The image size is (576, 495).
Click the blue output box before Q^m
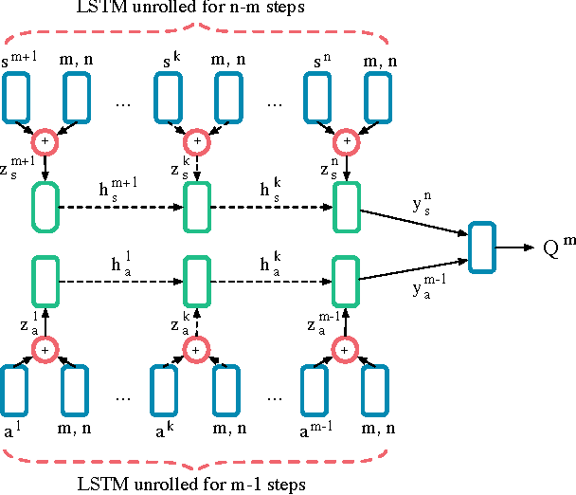pyautogui.click(x=482, y=247)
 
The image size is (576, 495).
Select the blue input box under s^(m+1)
pyautogui.click(x=16, y=97)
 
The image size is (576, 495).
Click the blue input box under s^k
pyautogui.click(x=168, y=97)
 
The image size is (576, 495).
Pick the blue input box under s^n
pyautogui.click(x=319, y=97)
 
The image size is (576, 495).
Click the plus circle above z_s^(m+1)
pyautogui.click(x=45, y=141)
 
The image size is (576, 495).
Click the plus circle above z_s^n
pyautogui.click(x=347, y=141)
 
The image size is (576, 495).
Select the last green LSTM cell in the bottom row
pyautogui.click(x=347, y=280)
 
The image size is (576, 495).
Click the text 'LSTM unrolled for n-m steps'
pyautogui.click(x=195, y=9)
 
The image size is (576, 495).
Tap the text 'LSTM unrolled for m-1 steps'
pyautogui.click(x=195, y=486)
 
